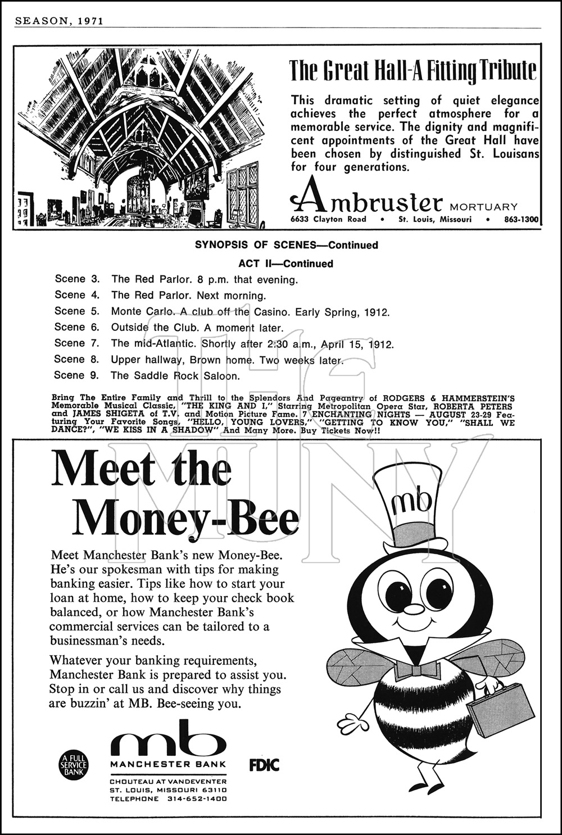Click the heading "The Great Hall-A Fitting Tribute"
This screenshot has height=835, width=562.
[x=413, y=71]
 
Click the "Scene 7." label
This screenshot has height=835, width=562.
[x=76, y=343]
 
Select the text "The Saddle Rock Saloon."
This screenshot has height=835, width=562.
[x=175, y=375]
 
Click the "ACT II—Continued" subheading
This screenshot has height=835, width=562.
[x=285, y=264]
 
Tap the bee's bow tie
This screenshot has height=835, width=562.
[x=417, y=670]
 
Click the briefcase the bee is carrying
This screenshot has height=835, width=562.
[x=500, y=709]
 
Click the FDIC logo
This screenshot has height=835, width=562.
[x=264, y=764]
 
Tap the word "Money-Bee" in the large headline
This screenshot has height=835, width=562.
[x=185, y=516]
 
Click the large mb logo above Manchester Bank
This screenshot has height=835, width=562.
[x=167, y=737]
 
